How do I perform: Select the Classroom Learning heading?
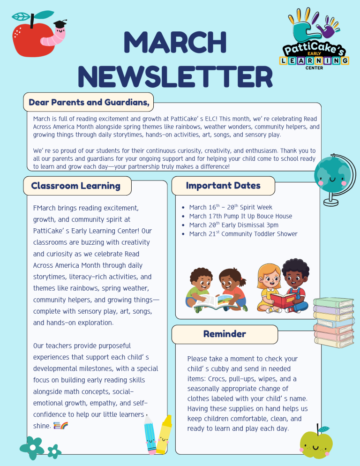(x=75, y=186)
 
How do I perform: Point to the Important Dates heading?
(x=223, y=186)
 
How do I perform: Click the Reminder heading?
(x=225, y=334)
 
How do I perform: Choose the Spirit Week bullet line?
(x=231, y=207)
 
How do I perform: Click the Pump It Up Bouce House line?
(x=240, y=216)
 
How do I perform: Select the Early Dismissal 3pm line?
(x=233, y=225)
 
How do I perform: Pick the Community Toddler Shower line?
(x=243, y=234)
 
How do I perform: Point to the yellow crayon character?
(x=164, y=434)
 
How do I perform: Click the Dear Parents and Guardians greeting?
(x=89, y=102)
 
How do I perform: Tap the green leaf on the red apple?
(x=21, y=16)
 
